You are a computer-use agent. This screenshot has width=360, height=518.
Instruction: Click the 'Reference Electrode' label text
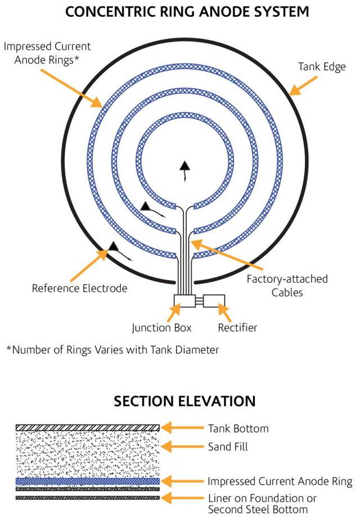(x=79, y=289)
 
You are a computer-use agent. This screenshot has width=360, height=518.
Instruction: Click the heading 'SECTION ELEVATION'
(x=184, y=402)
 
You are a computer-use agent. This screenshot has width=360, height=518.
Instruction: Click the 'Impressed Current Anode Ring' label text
(x=280, y=481)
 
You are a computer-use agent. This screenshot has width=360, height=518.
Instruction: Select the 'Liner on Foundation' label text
(x=262, y=498)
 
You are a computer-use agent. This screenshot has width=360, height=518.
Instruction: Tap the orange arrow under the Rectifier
(x=224, y=312)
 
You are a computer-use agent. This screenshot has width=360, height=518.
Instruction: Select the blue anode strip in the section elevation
(x=88, y=481)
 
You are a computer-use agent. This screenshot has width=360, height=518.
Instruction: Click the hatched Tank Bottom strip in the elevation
(x=88, y=428)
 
